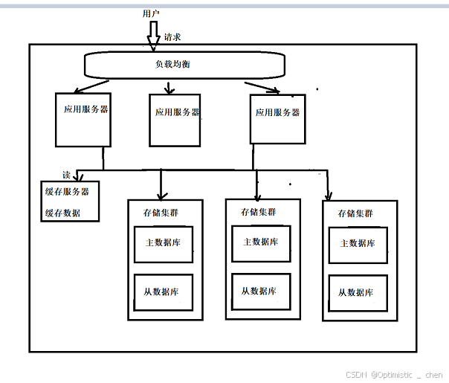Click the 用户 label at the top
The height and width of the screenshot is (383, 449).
tap(150, 13)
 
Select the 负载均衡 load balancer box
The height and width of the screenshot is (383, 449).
tap(184, 65)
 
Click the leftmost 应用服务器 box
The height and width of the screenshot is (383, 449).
tap(83, 119)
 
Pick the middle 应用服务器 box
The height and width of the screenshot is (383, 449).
tap(175, 120)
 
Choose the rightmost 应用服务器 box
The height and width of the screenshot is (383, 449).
tap(277, 118)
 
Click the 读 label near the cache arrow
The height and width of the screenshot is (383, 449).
tap(66, 176)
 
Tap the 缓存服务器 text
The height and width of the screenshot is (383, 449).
tap(67, 191)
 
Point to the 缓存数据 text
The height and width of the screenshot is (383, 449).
tap(62, 213)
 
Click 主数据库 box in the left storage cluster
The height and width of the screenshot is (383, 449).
tap(164, 244)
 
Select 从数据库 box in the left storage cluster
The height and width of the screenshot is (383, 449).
tap(164, 292)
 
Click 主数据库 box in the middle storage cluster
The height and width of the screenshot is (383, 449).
tap(261, 243)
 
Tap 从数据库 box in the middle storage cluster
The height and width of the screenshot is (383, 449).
tap(261, 292)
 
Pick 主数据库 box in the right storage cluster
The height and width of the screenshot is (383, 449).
tap(358, 244)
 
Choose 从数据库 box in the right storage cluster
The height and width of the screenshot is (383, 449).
tap(358, 292)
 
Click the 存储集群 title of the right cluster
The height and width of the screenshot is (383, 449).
tap(355, 213)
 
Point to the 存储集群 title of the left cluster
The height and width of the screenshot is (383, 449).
tap(161, 212)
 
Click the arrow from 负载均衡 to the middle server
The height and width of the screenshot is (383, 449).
tap(169, 86)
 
